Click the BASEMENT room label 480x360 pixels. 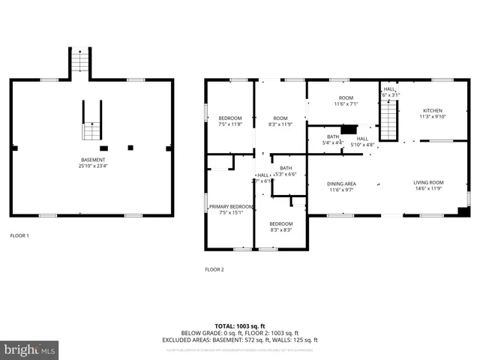(93, 160)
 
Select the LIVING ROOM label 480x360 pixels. (429, 182)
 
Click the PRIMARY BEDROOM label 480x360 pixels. (231, 206)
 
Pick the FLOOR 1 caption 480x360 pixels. (19, 235)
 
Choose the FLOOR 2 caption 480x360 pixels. (214, 269)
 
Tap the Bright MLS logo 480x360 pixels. (30, 349)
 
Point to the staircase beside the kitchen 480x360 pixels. (388, 120)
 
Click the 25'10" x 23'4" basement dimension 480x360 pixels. (93, 166)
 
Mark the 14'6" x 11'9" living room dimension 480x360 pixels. (429, 189)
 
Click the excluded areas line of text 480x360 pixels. (239, 340)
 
